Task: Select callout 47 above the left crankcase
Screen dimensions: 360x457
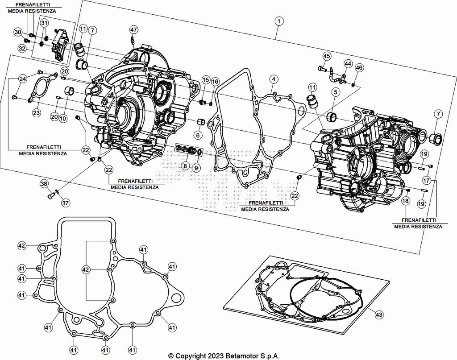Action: click(x=134, y=29)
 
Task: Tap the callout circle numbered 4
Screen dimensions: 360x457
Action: click(x=274, y=79)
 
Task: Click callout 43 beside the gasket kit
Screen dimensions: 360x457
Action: click(x=379, y=314)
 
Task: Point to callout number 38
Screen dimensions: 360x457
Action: click(x=44, y=184)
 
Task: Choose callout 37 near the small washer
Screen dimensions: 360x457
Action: click(x=66, y=203)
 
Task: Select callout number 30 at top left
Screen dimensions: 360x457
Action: click(x=17, y=32)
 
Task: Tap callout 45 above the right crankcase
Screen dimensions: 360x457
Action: click(x=327, y=56)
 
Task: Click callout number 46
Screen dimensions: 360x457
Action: click(x=359, y=68)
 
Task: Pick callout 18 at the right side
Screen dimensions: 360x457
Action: click(x=405, y=201)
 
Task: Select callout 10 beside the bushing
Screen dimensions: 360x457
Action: click(x=63, y=119)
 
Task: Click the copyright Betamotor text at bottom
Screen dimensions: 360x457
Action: click(x=224, y=356)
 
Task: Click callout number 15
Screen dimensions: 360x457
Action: click(x=205, y=79)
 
